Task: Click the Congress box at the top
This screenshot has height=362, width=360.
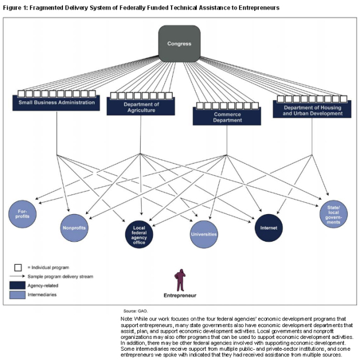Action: coord(179,43)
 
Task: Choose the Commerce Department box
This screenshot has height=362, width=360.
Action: coord(227,116)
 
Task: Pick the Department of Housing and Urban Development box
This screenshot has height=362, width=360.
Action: coord(313,110)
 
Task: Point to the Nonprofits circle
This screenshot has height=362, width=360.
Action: coord(75,228)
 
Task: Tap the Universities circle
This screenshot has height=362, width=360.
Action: coord(204,234)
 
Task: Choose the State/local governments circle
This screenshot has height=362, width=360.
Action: coord(334,214)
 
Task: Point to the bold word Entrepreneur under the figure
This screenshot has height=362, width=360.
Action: coord(180,295)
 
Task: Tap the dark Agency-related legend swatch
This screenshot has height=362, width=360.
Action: coord(18,285)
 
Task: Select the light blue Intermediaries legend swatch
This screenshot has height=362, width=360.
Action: coord(18,294)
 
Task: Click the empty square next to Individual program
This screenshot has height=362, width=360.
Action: coord(18,268)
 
